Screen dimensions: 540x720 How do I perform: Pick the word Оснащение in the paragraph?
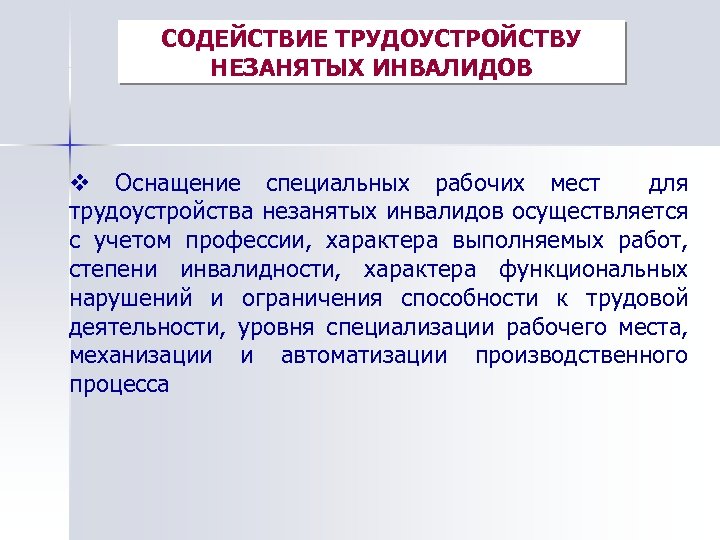(177, 183)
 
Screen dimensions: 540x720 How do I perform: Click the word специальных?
(337, 183)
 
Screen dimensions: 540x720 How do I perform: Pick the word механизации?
(141, 355)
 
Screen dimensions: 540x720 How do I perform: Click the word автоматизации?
(364, 355)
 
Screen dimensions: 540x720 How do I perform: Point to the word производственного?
(582, 355)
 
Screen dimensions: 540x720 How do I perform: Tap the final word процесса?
(119, 384)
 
